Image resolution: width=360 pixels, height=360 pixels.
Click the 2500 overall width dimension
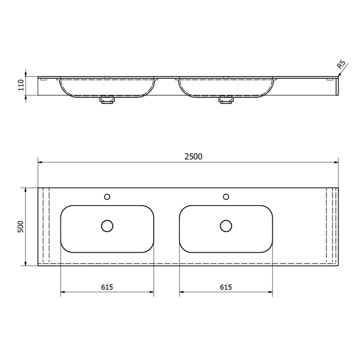click(193, 156)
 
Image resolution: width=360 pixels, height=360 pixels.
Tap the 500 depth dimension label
click(21, 227)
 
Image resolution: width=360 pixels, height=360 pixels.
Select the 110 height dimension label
click(21, 85)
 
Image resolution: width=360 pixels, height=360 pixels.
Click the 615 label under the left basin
click(107, 287)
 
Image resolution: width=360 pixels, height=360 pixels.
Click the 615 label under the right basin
click(226, 287)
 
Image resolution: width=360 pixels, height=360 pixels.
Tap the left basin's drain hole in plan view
click(107, 226)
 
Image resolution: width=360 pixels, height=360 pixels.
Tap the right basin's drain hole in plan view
click(226, 226)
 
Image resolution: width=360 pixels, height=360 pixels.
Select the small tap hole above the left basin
click(107, 197)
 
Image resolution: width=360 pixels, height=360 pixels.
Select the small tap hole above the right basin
click(226, 197)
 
